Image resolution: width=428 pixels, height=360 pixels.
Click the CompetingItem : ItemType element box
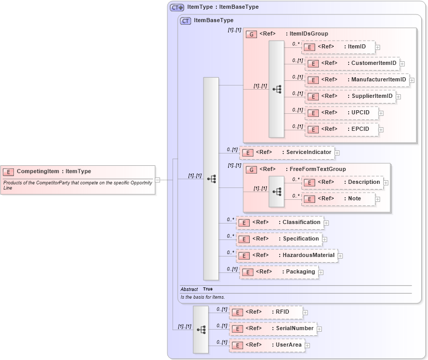point(77,172)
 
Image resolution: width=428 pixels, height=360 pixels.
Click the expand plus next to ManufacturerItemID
point(412,80)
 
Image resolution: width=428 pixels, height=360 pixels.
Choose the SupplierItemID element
point(350,96)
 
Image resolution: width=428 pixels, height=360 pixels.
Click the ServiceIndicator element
point(286,152)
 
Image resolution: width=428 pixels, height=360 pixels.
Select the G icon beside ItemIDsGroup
point(251,35)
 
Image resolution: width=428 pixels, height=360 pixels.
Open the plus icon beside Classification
point(326,223)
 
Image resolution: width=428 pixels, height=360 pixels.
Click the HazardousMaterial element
point(287,255)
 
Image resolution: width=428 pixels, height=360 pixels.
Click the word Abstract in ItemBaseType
point(189,289)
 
